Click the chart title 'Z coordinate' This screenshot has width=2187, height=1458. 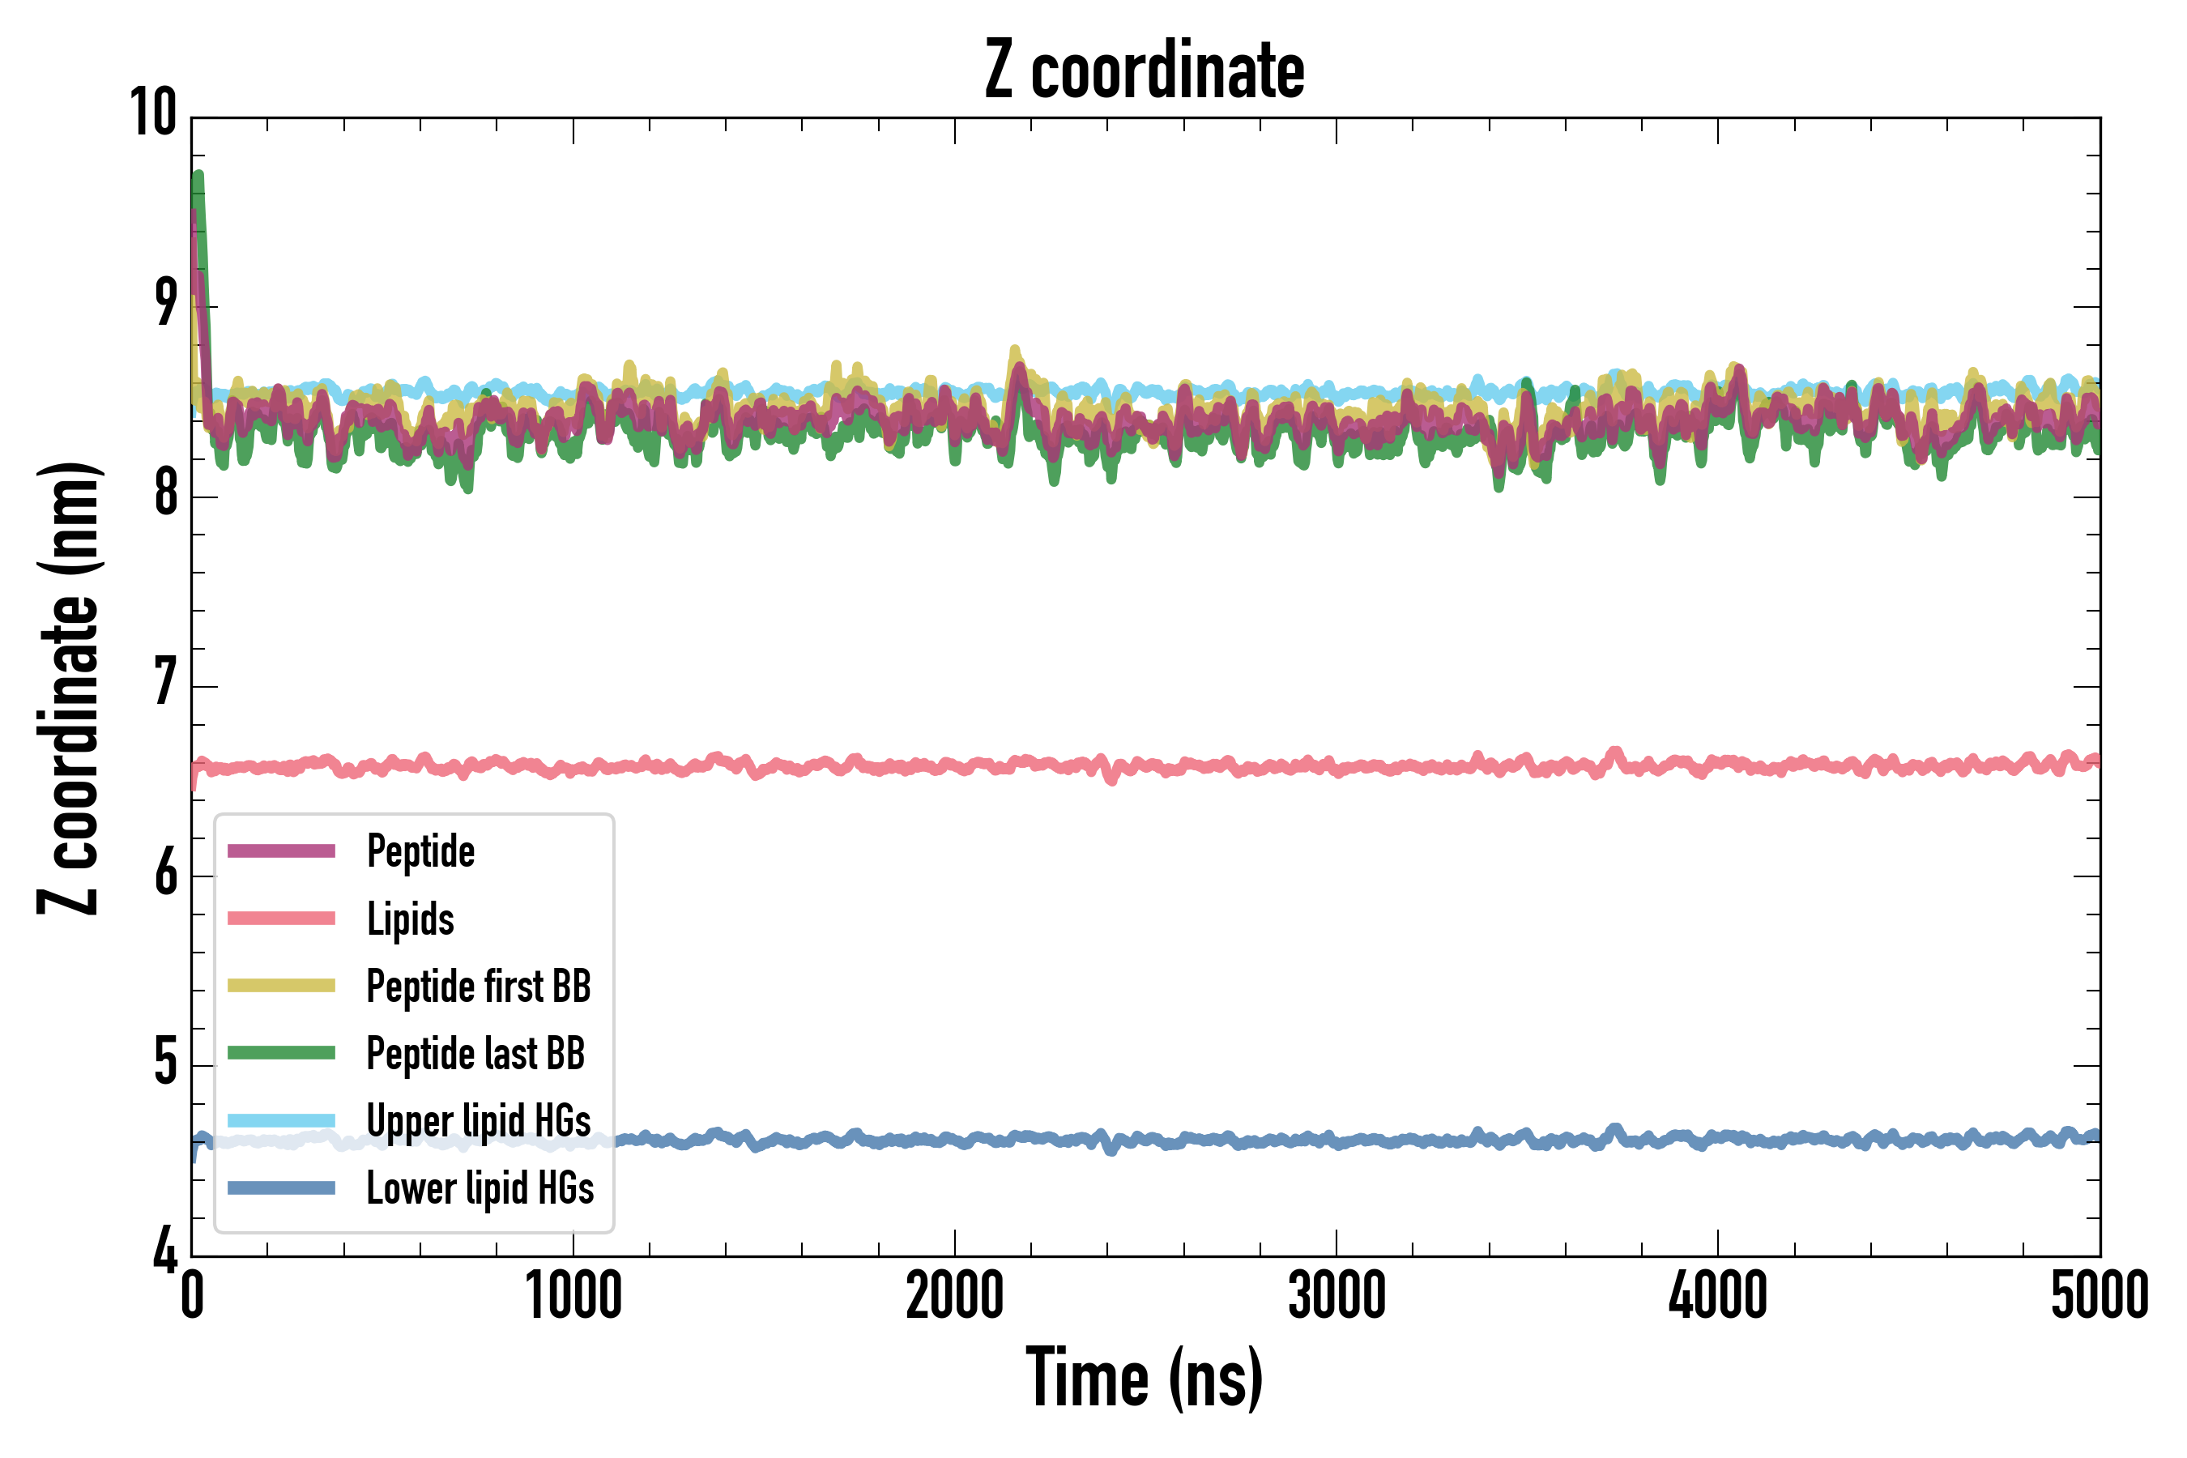tap(1145, 70)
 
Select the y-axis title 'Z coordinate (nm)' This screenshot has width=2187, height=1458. tap(69, 688)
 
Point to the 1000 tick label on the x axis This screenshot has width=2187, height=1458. tap(573, 1295)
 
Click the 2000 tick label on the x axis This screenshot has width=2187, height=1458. tap(955, 1295)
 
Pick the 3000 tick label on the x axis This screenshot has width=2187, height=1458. tap(1336, 1295)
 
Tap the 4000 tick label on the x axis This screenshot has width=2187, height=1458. tap(1717, 1295)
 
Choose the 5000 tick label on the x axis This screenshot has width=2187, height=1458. tap(2099, 1295)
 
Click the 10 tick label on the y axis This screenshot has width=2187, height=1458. tap(153, 113)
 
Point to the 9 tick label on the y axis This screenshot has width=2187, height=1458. tap(165, 303)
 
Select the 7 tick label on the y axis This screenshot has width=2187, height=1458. tap(165, 684)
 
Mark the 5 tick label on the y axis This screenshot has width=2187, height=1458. tap(165, 1063)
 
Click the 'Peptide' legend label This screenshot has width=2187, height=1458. tap(420, 850)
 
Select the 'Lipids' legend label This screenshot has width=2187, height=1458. tap(410, 919)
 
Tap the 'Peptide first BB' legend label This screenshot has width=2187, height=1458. tap(478, 986)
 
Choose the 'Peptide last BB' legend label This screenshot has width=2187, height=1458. tap(475, 1054)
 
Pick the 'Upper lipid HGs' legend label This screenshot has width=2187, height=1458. tap(478, 1120)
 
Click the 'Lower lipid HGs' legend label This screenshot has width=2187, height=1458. tap(480, 1188)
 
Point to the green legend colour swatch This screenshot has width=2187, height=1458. tap(281, 1052)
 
